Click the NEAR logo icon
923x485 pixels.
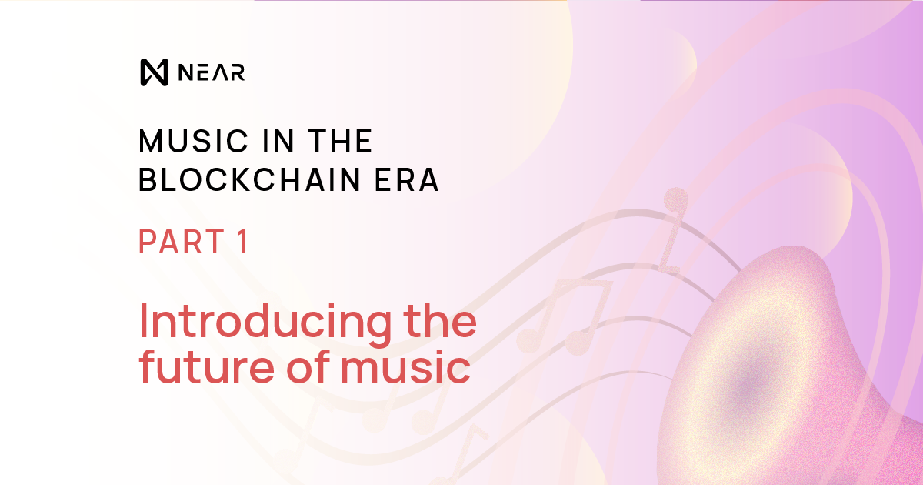(154, 72)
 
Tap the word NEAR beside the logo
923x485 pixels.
(211, 72)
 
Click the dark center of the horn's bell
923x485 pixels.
(742, 389)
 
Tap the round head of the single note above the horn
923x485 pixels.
(675, 199)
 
